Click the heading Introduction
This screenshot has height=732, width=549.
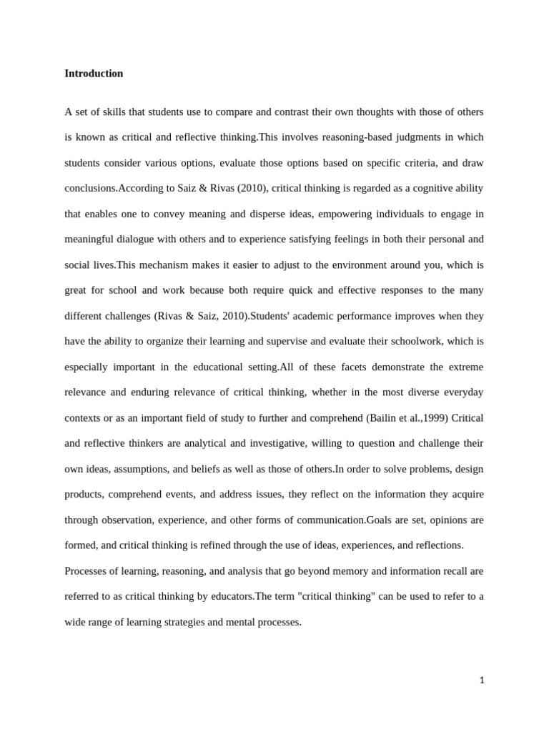(x=94, y=74)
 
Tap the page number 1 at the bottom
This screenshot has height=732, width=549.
(x=482, y=681)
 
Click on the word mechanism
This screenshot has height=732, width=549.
(x=167, y=264)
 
